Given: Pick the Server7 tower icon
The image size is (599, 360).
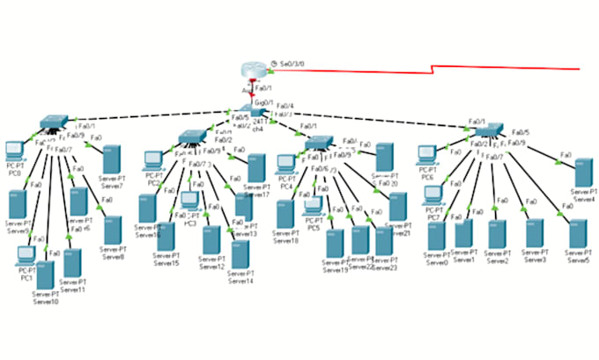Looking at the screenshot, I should tap(111, 161).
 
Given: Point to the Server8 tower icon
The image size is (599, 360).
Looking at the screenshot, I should tap(112, 231).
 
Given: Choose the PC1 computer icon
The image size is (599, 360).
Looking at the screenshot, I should tap(26, 256).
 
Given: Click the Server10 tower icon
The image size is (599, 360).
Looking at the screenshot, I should tap(46, 276).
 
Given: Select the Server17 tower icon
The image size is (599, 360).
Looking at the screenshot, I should tap(256, 167).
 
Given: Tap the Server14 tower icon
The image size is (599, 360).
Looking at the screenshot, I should tap(240, 255).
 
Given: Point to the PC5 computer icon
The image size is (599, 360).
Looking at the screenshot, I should tap(313, 207).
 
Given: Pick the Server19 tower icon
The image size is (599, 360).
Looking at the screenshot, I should tap(335, 243).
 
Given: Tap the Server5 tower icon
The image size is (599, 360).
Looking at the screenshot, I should tap(578, 236).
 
